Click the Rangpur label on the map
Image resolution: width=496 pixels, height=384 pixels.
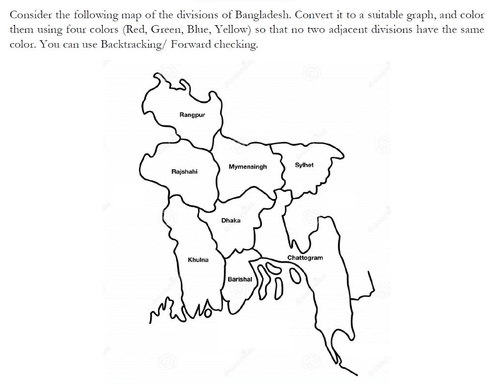[x=192, y=115]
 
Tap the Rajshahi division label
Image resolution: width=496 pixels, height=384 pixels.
[x=184, y=172]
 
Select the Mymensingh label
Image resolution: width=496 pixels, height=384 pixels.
[x=248, y=167]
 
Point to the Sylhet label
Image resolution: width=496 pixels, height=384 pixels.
[x=304, y=165]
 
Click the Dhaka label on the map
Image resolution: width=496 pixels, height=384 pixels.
[x=231, y=221]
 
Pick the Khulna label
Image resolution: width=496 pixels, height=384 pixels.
[x=198, y=260]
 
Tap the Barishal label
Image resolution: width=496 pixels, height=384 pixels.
[x=240, y=279]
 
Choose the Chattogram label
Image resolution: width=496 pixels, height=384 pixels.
[x=305, y=258]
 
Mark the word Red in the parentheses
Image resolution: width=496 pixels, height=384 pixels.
[x=136, y=30]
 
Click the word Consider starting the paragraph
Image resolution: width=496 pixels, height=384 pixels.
[x=28, y=15]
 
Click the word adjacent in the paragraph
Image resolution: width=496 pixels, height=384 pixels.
[x=347, y=30]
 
